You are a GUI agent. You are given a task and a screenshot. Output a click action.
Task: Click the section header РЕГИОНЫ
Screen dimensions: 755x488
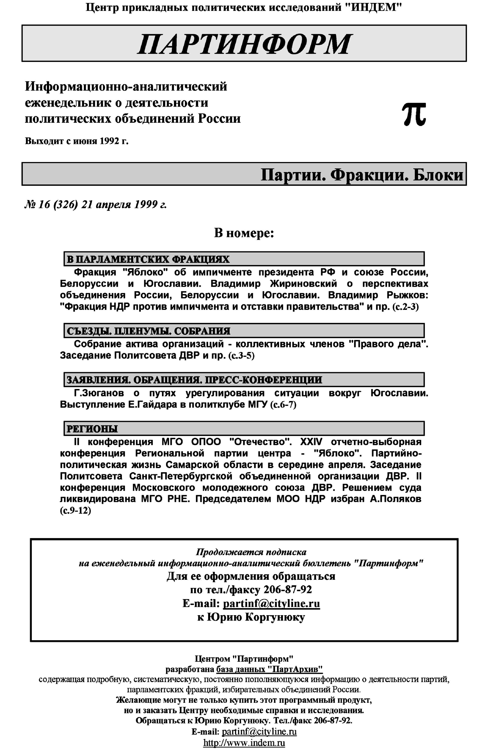point(92,429)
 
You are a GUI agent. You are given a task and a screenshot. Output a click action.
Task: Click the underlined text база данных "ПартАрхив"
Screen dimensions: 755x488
point(269,669)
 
